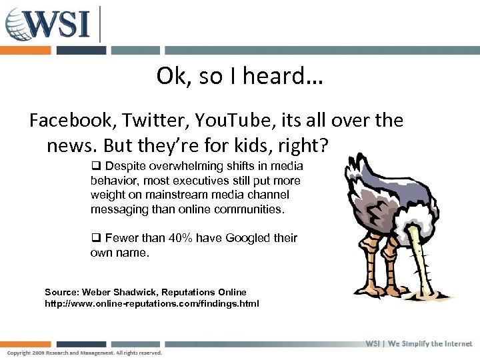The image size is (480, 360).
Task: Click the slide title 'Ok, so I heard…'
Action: tap(239, 77)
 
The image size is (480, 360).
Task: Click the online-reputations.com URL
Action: tap(151, 304)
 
